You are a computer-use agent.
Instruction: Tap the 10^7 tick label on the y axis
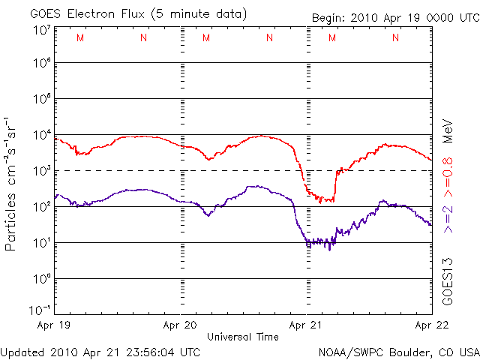42,29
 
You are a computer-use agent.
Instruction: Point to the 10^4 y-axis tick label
42,135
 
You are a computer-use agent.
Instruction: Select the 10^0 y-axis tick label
42,279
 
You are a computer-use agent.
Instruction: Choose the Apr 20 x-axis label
180,325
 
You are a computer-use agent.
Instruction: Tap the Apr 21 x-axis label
305,325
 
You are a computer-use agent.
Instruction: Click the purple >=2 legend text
447,217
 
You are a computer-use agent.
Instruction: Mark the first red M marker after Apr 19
80,37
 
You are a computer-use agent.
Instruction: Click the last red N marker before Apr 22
395,37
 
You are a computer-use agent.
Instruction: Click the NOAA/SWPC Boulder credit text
397,351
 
